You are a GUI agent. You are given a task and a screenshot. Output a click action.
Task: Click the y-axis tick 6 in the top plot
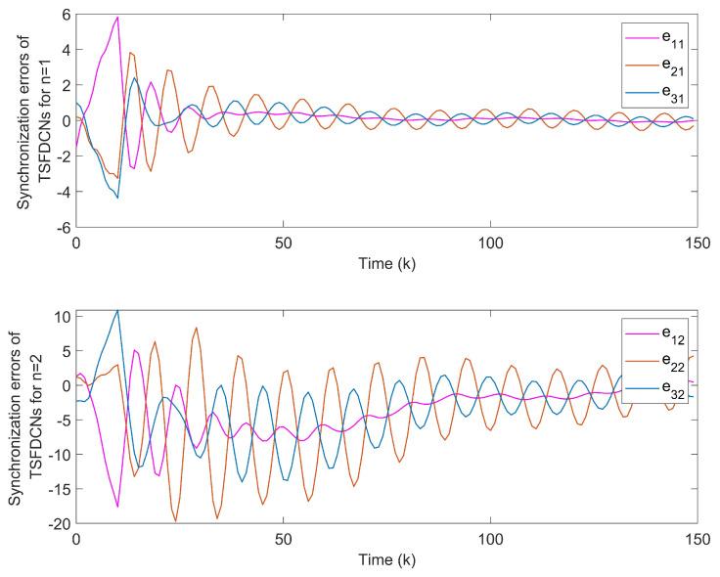[x=64, y=16]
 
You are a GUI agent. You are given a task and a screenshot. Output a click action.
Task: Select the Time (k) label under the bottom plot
[x=385, y=559]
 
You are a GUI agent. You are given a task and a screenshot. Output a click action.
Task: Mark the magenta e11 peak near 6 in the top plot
[x=117, y=17]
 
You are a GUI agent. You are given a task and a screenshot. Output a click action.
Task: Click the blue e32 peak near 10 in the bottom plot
[x=117, y=310]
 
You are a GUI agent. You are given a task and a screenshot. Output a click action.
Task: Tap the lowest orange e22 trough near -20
[x=176, y=521]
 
